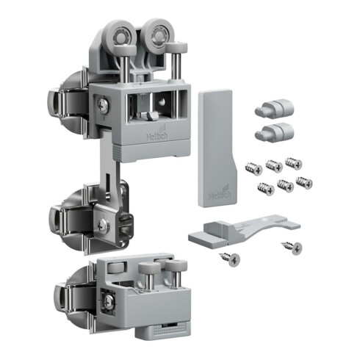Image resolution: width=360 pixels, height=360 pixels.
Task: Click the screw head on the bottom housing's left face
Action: pos(108,300)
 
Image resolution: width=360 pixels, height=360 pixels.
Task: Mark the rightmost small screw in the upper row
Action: pos(294,162)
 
